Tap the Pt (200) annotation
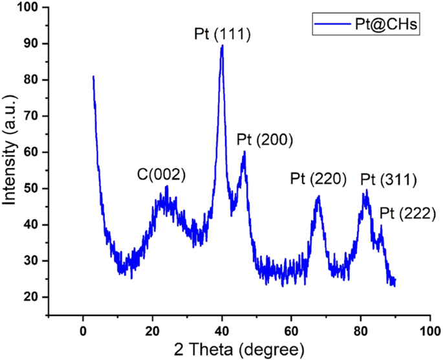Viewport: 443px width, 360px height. point(265,140)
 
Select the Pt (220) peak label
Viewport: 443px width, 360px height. point(319,179)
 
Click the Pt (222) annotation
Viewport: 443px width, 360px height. point(408,212)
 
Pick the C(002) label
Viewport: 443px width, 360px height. point(162,175)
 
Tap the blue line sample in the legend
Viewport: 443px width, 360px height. point(330,25)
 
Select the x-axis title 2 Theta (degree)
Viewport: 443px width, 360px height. point(237,350)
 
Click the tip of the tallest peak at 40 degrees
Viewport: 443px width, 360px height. point(222,45)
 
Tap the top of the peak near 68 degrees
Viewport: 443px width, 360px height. point(318,196)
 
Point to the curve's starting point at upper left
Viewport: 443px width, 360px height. point(93,76)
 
